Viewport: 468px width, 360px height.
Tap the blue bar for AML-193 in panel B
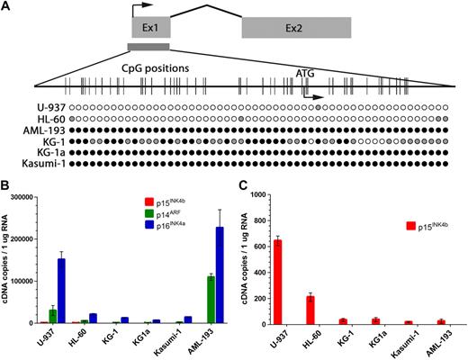click(219, 274)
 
